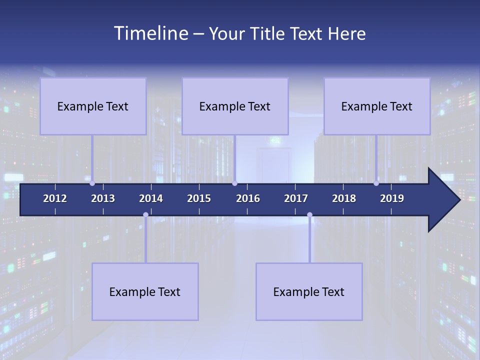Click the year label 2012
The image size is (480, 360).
click(55, 198)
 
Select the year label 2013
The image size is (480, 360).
click(103, 198)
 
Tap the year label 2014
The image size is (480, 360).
click(151, 198)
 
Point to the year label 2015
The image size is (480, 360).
click(199, 198)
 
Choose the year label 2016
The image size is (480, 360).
click(248, 198)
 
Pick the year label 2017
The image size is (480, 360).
click(296, 198)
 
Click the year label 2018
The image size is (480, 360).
click(344, 198)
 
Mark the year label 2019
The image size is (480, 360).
click(392, 198)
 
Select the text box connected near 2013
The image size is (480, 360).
click(93, 106)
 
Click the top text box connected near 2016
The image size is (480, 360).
click(235, 106)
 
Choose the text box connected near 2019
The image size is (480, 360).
click(377, 106)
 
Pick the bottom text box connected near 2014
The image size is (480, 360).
click(145, 291)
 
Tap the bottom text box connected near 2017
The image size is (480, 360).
click(309, 291)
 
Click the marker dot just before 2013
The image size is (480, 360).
click(92, 183)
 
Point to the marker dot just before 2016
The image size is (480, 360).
click(234, 183)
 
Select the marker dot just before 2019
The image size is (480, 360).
click(376, 183)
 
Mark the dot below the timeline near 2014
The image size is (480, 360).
click(145, 214)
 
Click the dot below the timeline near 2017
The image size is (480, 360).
click(309, 214)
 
